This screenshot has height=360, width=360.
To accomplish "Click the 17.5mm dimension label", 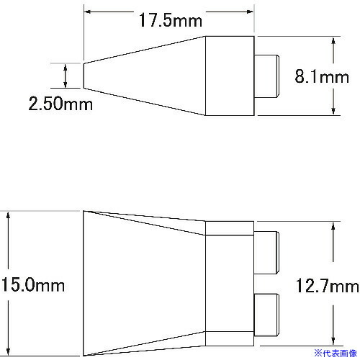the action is click(x=171, y=20).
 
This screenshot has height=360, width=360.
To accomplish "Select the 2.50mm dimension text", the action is click(x=60, y=104).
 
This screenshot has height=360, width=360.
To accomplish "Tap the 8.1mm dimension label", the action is click(x=322, y=76).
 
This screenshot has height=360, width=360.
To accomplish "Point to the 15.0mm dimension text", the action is click(x=33, y=285).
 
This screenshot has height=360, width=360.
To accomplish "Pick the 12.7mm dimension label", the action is click(x=328, y=286).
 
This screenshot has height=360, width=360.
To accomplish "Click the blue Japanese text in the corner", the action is click(x=336, y=354).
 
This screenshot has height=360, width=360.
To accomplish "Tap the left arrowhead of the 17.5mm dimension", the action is click(x=88, y=12).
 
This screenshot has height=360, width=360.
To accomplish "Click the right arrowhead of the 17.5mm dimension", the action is click(x=250, y=12).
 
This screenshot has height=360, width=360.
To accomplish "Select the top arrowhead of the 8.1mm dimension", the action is click(x=333, y=40).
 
